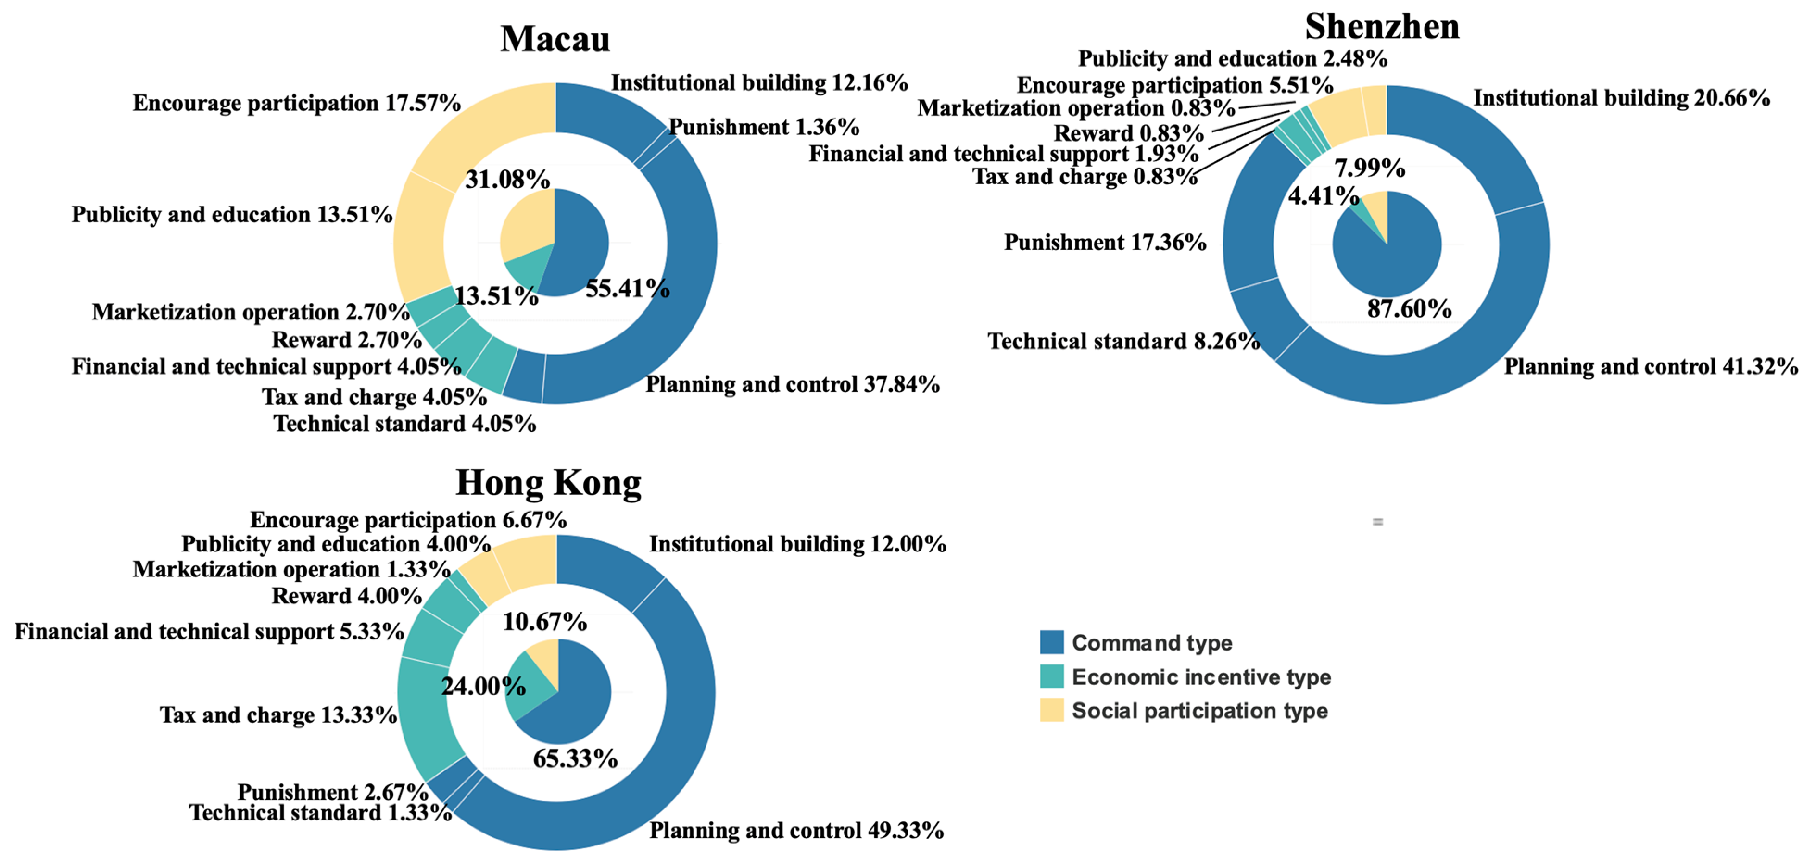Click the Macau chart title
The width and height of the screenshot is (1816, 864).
pyautogui.click(x=555, y=39)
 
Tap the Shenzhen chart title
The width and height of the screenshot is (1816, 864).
pyautogui.click(x=1382, y=27)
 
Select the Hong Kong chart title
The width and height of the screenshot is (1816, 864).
pyautogui.click(x=549, y=483)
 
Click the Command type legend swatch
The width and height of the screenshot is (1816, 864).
pyautogui.click(x=1051, y=642)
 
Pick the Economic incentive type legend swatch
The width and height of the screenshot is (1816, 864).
pyautogui.click(x=1051, y=676)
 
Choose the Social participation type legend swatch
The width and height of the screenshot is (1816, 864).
pyautogui.click(x=1051, y=710)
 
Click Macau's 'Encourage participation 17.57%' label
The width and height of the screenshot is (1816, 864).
pyautogui.click(x=296, y=103)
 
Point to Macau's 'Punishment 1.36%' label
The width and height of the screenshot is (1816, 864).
pyautogui.click(x=763, y=127)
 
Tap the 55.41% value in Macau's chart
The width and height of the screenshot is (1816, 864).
pyautogui.click(x=627, y=288)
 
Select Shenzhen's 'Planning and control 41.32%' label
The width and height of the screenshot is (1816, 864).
pyautogui.click(x=1650, y=366)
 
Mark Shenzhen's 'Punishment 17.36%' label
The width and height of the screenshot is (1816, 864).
pyautogui.click(x=1105, y=243)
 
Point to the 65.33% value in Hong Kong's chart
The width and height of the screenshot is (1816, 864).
pyautogui.click(x=574, y=758)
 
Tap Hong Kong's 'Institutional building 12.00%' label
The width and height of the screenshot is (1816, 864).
pyautogui.click(x=797, y=544)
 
